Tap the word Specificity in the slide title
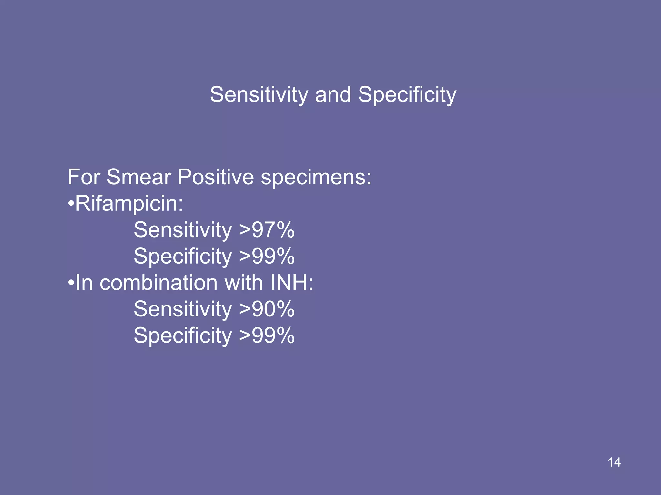[407, 95]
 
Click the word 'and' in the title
[333, 95]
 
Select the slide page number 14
[614, 462]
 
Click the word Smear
[139, 177]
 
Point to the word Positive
[216, 177]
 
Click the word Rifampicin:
[129, 204]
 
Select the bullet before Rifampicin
[71, 204]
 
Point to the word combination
[158, 283]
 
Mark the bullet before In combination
[71, 283]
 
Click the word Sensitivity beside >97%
[183, 230]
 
